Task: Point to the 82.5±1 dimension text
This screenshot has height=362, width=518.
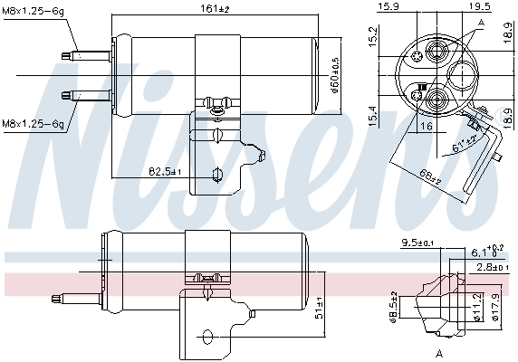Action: click(x=166, y=171)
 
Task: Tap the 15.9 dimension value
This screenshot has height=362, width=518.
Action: click(x=388, y=6)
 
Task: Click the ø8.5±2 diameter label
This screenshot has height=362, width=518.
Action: click(x=394, y=304)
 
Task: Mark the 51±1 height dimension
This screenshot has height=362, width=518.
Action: click(x=319, y=313)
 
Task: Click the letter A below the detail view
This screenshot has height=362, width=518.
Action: click(x=438, y=350)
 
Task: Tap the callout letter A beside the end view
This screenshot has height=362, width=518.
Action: click(x=481, y=23)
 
